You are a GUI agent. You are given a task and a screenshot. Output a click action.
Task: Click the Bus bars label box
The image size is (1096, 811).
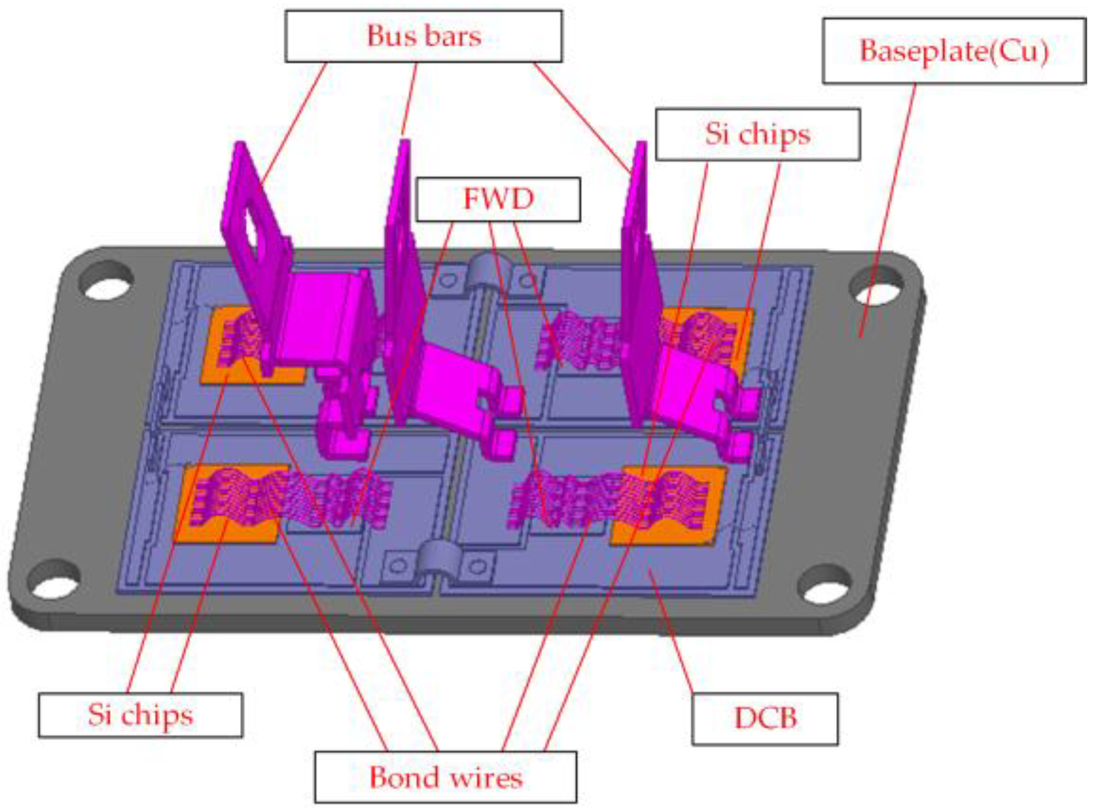(x=423, y=36)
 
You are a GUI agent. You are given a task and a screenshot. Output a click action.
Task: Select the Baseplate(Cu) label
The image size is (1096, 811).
(x=954, y=51)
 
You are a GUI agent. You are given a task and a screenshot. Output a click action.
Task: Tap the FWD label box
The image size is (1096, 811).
(x=498, y=200)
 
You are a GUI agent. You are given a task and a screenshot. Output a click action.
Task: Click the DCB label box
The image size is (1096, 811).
(x=765, y=718)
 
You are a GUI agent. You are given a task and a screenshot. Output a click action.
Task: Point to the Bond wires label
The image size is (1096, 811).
(x=445, y=777)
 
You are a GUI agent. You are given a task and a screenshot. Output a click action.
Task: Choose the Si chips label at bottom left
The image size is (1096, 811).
(x=140, y=715)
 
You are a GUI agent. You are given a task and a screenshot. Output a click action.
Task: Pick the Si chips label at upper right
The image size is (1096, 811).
(x=758, y=134)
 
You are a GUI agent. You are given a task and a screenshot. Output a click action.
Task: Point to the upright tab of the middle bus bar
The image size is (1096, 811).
(x=401, y=208)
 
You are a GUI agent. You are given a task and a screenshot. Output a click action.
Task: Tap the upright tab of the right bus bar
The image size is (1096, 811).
(x=637, y=208)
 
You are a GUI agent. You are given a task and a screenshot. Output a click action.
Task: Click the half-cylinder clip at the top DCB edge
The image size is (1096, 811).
(x=482, y=271)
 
